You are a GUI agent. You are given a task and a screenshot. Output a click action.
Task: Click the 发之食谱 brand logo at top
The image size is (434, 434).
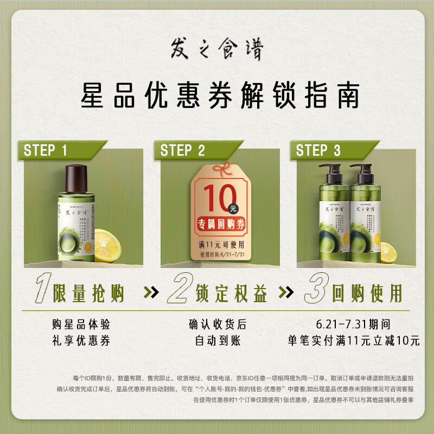pos(217,52)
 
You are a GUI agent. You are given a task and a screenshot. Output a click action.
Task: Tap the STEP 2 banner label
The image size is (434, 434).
pos(183,150)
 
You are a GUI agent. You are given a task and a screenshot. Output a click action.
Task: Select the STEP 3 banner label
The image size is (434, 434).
pos(318,150)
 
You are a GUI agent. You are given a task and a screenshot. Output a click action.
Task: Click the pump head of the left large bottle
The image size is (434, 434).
pos(330,169)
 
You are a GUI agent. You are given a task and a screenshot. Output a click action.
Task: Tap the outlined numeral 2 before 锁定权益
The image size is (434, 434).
pos(179,293)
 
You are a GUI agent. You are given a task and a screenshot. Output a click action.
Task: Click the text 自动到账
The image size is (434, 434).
pos(217,341)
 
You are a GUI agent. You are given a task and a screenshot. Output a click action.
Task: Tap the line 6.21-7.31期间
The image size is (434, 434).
pos(353,324)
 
